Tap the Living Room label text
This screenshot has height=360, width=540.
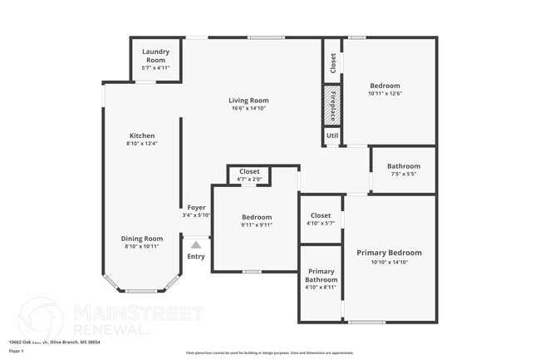pyautogui.click(x=248, y=101)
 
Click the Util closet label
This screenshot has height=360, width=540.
pyautogui.click(x=331, y=135)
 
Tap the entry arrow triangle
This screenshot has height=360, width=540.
pyautogui.click(x=196, y=244)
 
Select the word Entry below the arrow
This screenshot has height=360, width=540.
pyautogui.click(x=196, y=256)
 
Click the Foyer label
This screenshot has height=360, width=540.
pyautogui.click(x=196, y=207)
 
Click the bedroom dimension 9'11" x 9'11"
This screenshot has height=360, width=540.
pyautogui.click(x=256, y=224)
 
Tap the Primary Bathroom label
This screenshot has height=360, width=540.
pyautogui.click(x=321, y=276)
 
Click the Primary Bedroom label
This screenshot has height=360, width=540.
pyautogui.click(x=389, y=253)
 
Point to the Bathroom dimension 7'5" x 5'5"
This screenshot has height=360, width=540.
pyautogui.click(x=403, y=175)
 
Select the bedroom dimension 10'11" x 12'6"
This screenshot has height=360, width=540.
pyautogui.click(x=385, y=94)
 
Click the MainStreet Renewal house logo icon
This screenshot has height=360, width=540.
pyautogui.click(x=41, y=318)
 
